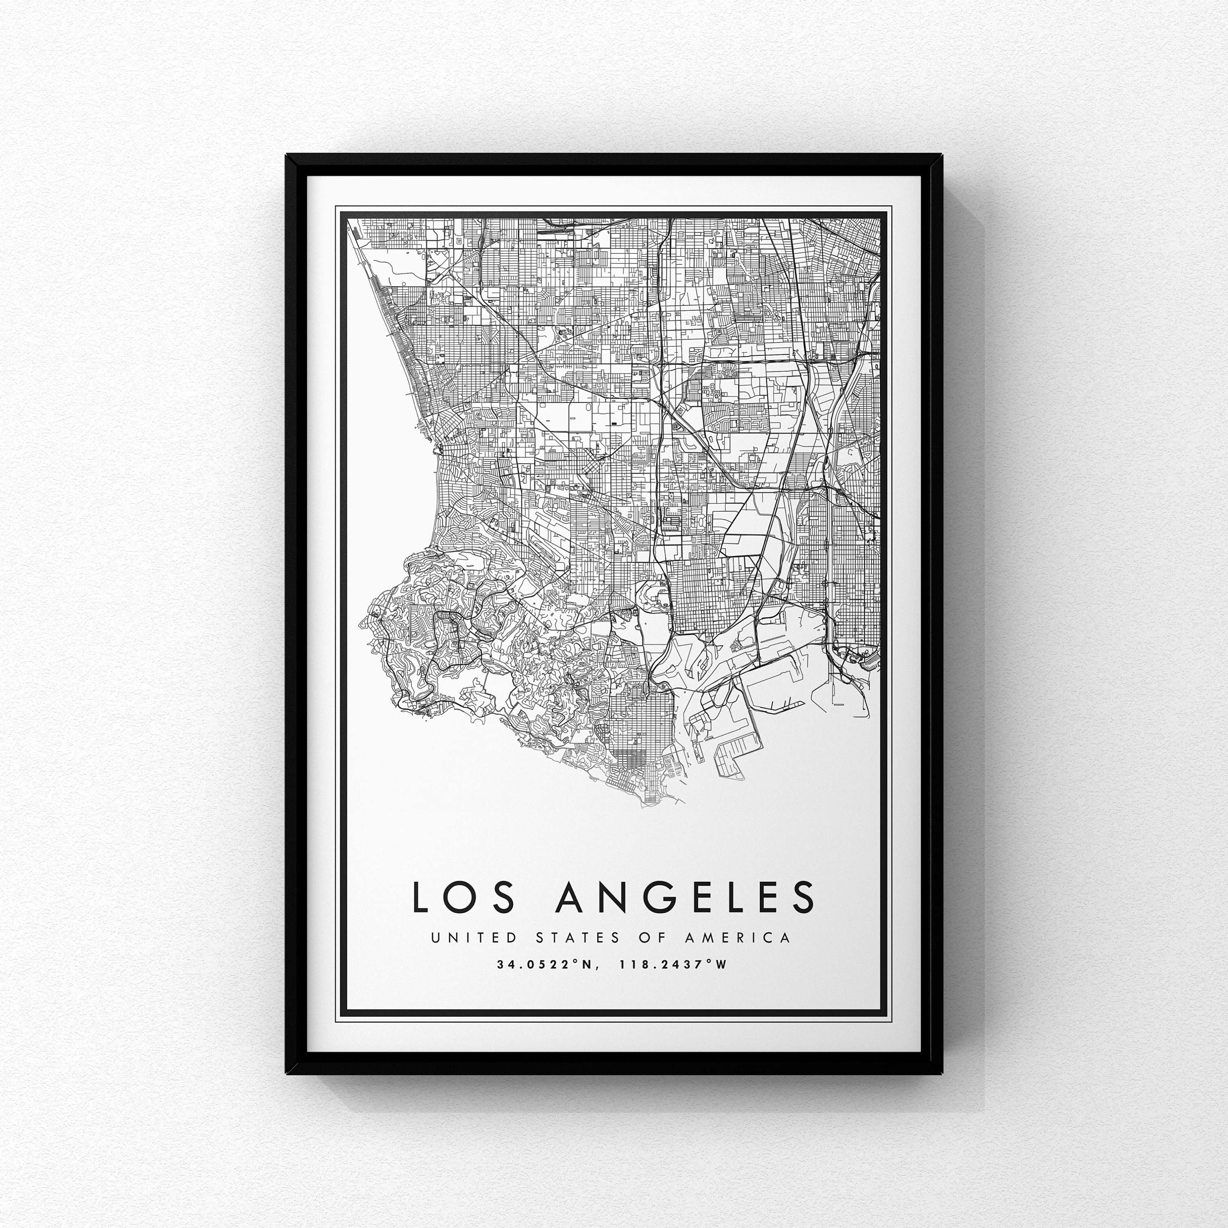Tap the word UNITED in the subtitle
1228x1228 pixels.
472,937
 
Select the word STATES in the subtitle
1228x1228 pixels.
578,937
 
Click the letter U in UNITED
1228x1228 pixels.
436,937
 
